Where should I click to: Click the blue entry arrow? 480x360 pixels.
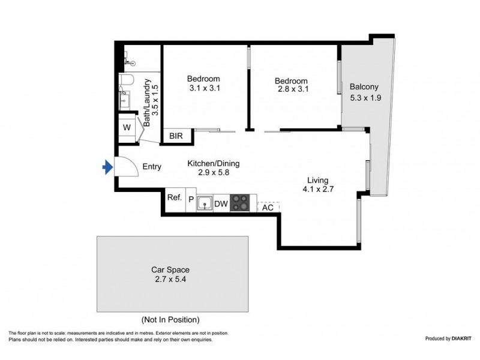tap(107, 167)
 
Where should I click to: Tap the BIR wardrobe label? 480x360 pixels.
tap(176, 136)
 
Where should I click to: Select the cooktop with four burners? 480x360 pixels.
tap(239, 203)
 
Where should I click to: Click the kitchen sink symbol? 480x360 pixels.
tap(205, 203)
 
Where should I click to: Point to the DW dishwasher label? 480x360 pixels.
tap(221, 204)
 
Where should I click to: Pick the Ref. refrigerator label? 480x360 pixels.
tap(175, 197)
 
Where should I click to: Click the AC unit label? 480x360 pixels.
tap(268, 208)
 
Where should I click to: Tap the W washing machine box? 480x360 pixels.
tap(127, 127)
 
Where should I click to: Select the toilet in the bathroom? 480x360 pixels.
tap(126, 80)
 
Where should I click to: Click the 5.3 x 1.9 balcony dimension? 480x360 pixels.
tap(365, 98)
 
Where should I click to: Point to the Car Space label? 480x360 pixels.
tap(170, 269)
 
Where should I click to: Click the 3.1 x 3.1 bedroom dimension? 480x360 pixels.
tap(205, 88)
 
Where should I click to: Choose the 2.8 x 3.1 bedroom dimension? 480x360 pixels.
tap(293, 89)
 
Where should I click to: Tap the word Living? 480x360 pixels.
tap(318, 181)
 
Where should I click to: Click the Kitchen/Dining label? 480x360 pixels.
tap(214, 163)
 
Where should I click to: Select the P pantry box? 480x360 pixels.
tap(191, 200)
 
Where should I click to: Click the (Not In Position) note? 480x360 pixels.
tap(170, 320)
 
